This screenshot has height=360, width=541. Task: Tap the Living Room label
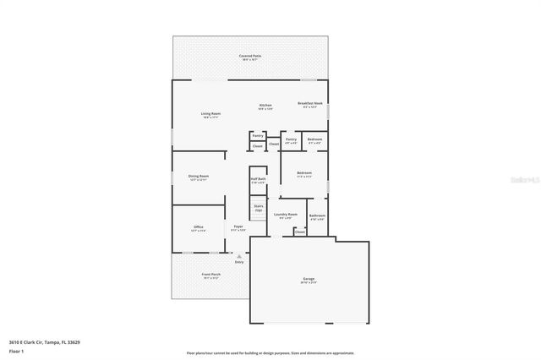point(210,114)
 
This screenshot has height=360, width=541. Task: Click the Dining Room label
point(199,177)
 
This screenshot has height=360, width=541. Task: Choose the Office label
point(198,228)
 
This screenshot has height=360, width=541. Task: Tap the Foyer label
point(238,228)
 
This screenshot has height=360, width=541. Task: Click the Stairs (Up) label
point(259,208)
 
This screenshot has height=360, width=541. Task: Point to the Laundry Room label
point(286,215)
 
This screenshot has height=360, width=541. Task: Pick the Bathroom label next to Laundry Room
point(317,217)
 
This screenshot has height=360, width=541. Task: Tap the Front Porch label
point(210,275)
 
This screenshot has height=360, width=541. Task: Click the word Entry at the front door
point(239,262)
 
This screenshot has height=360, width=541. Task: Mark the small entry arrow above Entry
point(239,256)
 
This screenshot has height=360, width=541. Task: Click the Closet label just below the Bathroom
point(300,232)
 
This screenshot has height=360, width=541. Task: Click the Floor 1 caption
point(16,350)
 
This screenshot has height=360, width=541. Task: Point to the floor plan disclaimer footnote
point(270,352)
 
